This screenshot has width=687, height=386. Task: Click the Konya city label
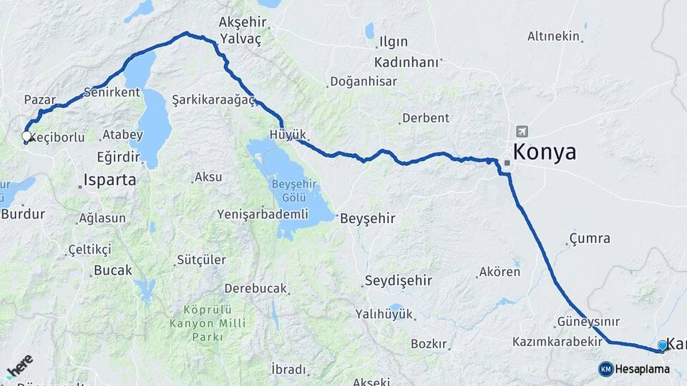[545, 152]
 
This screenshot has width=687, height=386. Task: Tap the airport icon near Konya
[522, 132]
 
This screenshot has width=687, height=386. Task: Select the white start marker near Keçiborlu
[26, 136]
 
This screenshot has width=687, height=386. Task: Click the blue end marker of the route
[663, 346]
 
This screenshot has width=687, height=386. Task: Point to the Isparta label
[109, 180]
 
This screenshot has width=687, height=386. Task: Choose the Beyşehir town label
[367, 218]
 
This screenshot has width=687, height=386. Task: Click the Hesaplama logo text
[643, 369]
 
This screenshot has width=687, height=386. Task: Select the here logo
[19, 366]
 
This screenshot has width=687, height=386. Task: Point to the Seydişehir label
[399, 280]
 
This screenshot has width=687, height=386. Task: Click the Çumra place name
[590, 238]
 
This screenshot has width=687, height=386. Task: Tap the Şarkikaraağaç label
[214, 100]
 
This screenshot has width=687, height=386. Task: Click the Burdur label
[23, 213]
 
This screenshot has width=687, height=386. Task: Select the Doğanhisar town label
[364, 81]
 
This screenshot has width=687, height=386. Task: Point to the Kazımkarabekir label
[557, 342]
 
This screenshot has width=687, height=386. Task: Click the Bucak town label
[113, 271]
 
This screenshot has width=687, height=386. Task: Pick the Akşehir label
[243, 23]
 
